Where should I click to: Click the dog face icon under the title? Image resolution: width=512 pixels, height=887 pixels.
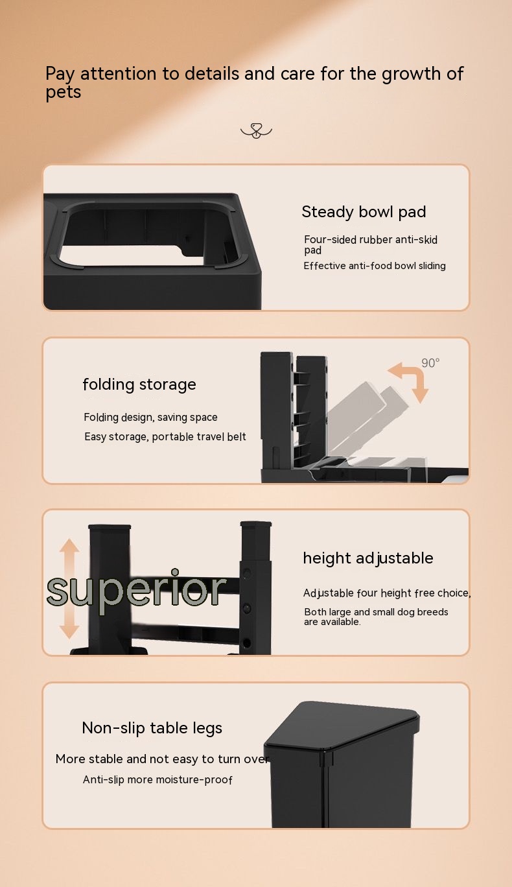(x=257, y=131)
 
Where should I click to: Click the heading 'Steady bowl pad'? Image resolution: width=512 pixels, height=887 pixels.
(x=364, y=212)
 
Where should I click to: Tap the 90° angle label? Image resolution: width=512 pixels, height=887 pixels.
(x=430, y=362)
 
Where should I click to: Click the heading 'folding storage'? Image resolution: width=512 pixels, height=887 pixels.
(x=139, y=384)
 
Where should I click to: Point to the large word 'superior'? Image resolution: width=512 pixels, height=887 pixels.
(x=136, y=590)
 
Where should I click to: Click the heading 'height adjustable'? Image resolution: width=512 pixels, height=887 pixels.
(x=368, y=559)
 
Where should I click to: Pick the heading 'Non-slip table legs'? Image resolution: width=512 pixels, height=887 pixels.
(x=152, y=728)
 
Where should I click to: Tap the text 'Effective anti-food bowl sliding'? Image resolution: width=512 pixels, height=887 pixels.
(x=375, y=266)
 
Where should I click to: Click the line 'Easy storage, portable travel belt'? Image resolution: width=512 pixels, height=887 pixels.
(x=165, y=436)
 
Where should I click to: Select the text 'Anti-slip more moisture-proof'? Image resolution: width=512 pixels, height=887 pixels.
(x=157, y=779)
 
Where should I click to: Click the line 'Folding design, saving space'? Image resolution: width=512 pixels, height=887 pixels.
(x=150, y=418)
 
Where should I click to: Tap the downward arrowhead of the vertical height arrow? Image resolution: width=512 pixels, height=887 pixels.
(x=69, y=632)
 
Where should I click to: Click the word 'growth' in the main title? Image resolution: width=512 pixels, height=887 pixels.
(x=411, y=75)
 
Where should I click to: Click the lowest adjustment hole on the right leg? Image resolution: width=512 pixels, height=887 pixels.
(x=246, y=643)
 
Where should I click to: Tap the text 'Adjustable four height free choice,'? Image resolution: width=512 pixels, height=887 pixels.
(x=387, y=593)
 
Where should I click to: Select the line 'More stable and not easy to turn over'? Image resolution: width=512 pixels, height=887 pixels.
(x=163, y=759)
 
